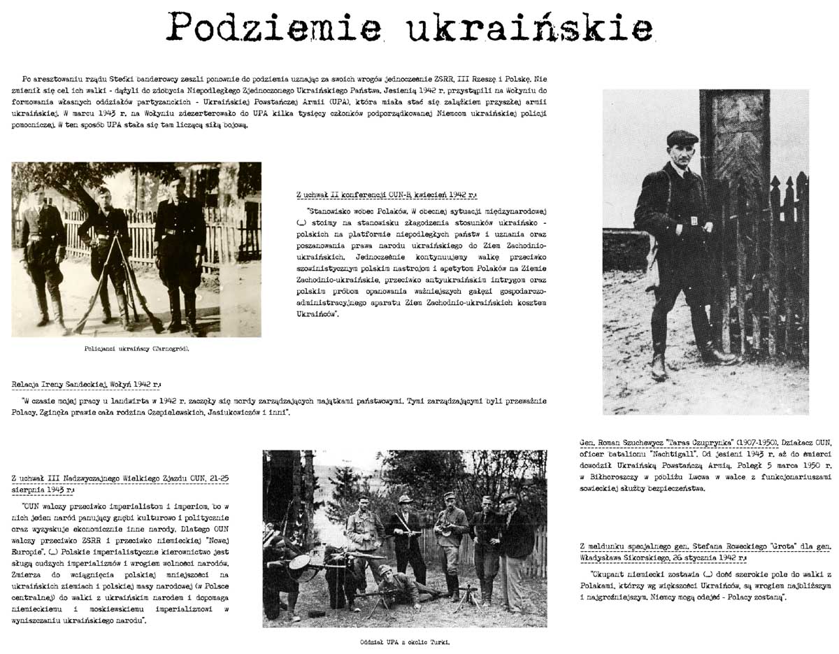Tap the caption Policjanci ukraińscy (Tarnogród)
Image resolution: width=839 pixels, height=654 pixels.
point(136,348)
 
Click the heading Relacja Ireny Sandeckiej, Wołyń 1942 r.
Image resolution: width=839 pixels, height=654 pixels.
point(86,385)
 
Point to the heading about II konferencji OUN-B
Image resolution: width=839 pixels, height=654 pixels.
point(385,195)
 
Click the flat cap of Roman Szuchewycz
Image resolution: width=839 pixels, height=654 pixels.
point(682,137)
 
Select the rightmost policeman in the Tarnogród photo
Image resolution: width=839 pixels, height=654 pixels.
point(180,252)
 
